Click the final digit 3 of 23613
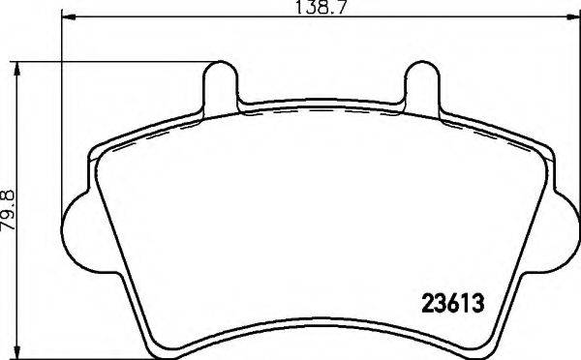[477, 301]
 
